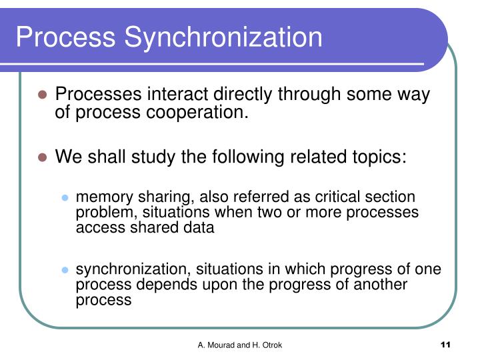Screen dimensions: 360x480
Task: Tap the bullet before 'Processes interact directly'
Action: click(41, 95)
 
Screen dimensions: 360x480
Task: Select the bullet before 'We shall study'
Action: click(41, 158)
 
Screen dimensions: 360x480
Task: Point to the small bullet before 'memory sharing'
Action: click(65, 198)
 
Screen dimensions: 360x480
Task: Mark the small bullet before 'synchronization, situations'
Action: click(65, 270)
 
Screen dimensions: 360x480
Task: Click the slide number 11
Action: click(446, 345)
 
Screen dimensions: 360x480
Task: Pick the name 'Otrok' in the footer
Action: click(270, 345)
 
